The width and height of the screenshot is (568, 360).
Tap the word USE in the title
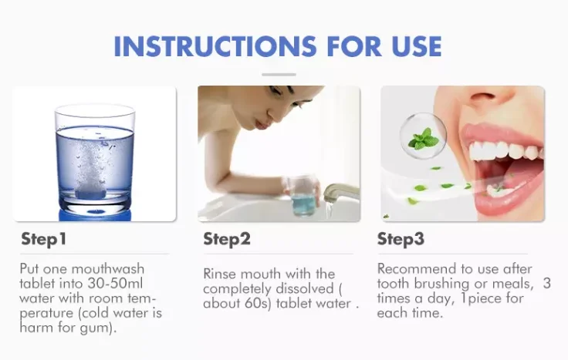click(417, 46)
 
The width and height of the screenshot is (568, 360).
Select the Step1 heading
click(44, 239)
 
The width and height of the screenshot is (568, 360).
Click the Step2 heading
click(227, 239)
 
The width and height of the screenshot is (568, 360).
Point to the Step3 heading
click(401, 239)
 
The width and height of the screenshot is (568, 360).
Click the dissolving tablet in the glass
click(90, 193)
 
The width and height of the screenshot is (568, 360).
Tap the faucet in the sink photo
click(340, 193)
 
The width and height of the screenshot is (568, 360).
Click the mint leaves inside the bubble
click(423, 139)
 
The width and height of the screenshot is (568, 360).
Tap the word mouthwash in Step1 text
click(108, 269)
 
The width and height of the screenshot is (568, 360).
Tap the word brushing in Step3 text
click(442, 284)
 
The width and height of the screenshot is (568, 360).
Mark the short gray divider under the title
click(279, 75)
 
